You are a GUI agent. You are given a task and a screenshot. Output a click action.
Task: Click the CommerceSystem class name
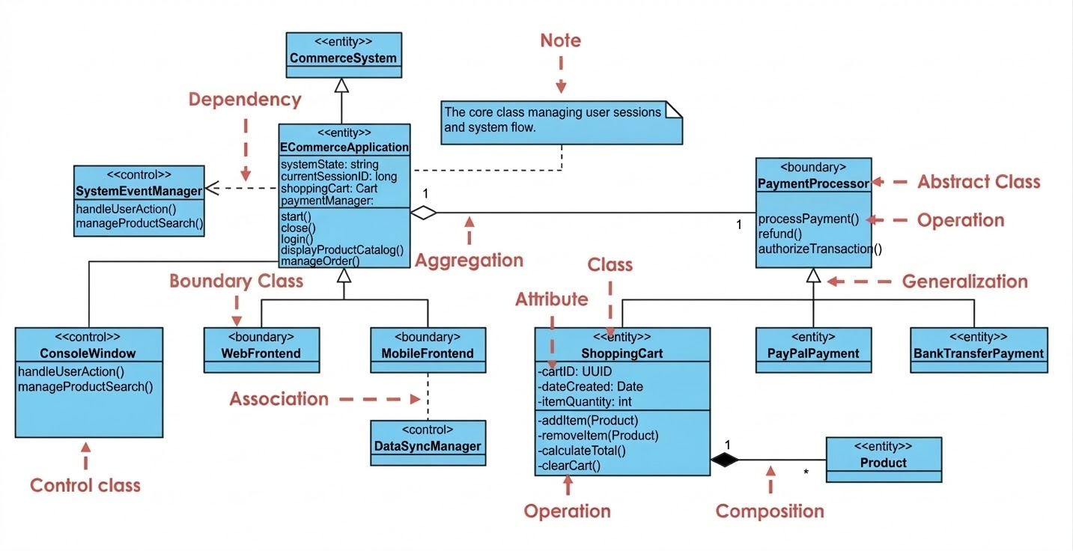(x=343, y=58)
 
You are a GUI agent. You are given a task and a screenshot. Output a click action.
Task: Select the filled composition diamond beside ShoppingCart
(x=724, y=460)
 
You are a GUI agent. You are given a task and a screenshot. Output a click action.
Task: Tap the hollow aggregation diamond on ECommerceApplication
(x=424, y=213)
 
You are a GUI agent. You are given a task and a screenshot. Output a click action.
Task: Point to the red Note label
(x=561, y=40)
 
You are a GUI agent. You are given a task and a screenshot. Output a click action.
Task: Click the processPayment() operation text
(x=809, y=219)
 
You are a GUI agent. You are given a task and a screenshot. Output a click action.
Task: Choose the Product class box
(x=884, y=460)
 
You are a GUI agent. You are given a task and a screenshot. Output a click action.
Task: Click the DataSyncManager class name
(x=428, y=446)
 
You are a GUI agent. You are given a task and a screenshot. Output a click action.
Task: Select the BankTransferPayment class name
(x=979, y=353)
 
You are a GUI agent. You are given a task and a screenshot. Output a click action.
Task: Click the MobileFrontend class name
(x=428, y=353)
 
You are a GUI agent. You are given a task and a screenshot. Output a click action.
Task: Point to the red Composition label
(x=770, y=511)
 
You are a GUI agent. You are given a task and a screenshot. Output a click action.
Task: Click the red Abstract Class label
(x=979, y=182)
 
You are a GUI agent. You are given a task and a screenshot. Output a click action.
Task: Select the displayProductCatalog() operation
(x=342, y=250)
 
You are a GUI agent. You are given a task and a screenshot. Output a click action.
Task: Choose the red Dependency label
(x=245, y=100)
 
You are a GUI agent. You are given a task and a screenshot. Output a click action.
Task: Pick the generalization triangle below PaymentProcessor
(x=813, y=275)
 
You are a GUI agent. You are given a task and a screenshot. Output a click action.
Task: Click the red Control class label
(x=85, y=486)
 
